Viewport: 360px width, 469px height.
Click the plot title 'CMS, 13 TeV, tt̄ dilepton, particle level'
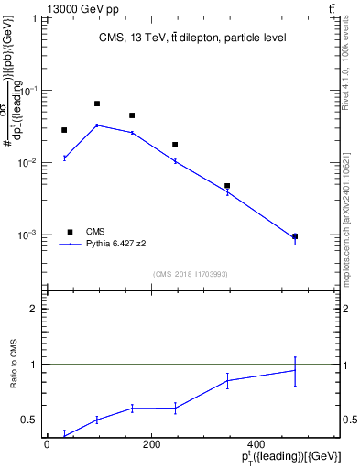[x=192, y=38]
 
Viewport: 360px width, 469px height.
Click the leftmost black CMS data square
[x=64, y=130]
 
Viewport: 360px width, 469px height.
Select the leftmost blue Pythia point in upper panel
[x=64, y=158]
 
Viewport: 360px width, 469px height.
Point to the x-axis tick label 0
[x=47, y=445]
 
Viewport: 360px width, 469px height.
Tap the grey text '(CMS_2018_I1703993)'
[x=192, y=274]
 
